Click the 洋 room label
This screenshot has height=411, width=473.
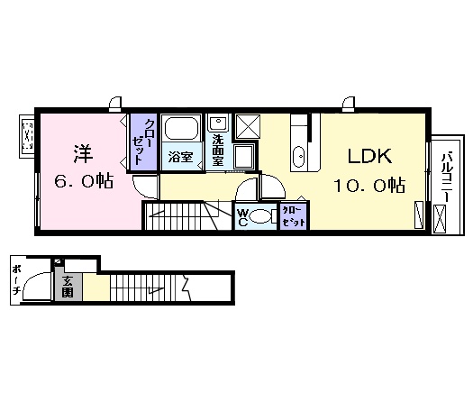80,151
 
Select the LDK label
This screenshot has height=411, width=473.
369,156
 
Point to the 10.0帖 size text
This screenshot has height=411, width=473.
369,185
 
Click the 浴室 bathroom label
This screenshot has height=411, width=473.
179,157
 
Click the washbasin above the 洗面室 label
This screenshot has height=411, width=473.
219,123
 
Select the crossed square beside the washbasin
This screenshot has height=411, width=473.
249,127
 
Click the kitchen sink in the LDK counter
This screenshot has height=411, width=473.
299,159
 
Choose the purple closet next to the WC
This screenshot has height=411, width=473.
292,215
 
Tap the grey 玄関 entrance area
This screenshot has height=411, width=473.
68,286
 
